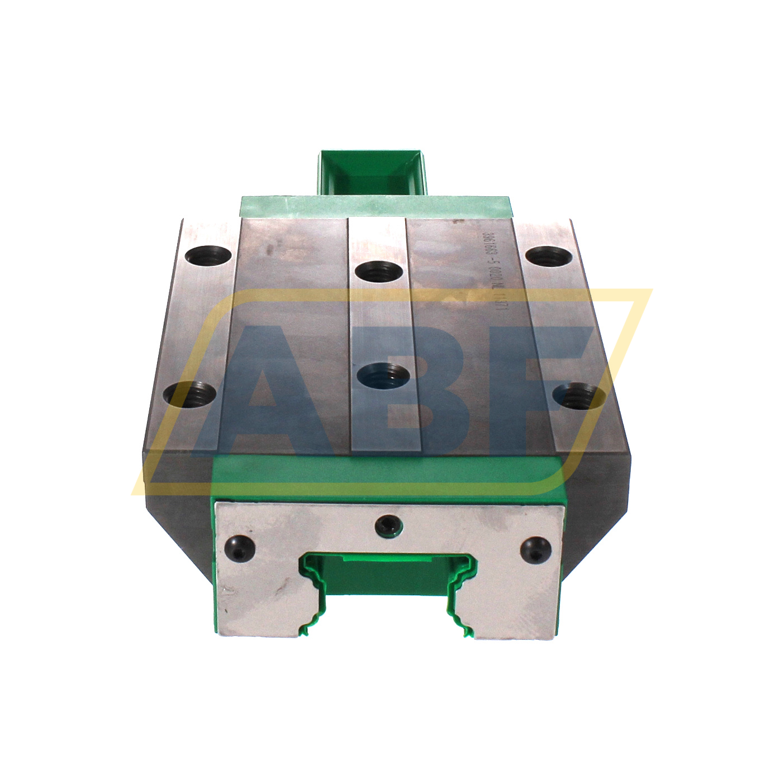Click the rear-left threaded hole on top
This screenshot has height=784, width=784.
tap(209, 258)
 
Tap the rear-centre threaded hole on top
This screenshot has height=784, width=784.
tap(379, 272)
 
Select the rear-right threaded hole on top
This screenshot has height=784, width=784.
tap(549, 257)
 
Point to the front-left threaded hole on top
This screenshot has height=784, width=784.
tap(191, 394)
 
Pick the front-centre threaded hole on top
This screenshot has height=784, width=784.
tap(383, 375)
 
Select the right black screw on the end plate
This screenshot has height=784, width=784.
tap(536, 549)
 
